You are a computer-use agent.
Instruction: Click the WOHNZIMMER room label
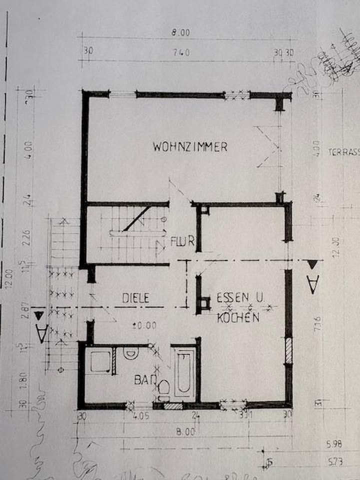click(190, 147)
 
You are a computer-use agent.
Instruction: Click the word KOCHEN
click(238, 318)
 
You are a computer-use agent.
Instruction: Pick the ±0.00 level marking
click(145, 325)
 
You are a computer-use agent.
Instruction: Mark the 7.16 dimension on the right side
click(318, 325)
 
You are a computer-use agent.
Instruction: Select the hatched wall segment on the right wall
click(288, 350)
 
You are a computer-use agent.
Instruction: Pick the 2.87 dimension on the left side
click(26, 306)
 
